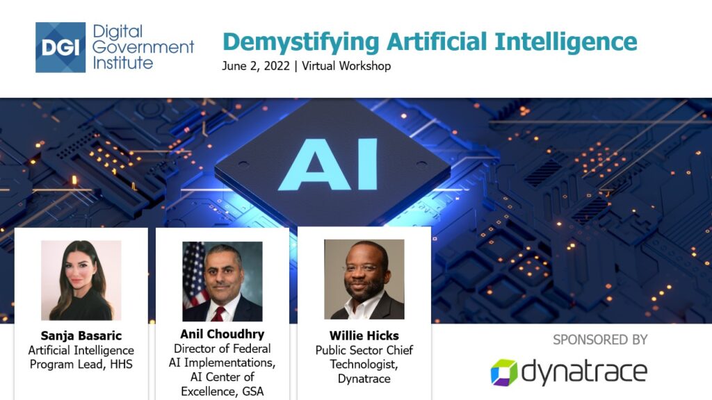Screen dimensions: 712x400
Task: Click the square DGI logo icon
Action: pos(60,47)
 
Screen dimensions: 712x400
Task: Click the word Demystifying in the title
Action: pos(300,42)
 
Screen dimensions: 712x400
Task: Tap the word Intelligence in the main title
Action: pos(566,42)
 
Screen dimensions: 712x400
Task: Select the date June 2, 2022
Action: pos(256,66)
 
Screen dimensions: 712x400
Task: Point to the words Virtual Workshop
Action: pos(346,66)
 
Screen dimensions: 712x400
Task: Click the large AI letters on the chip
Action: pos(328,164)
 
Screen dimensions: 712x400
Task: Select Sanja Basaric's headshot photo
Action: pos(81,281)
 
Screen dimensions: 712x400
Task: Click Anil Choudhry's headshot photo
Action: pos(222,281)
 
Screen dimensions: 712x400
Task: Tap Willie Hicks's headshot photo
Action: pos(364,279)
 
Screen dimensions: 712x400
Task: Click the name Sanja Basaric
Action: pos(81,335)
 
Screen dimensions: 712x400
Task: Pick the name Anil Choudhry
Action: pos(222,334)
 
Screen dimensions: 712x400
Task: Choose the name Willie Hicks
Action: pos(364,335)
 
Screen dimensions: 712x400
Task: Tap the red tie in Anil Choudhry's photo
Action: pos(219,313)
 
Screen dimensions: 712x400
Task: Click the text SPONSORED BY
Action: pos(600,340)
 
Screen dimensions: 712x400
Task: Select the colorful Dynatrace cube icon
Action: pos(504,373)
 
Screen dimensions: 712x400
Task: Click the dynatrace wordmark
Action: pos(584,372)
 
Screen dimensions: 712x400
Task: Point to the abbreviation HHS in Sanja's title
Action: pos(121,365)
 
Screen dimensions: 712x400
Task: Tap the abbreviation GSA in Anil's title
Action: pos(252,392)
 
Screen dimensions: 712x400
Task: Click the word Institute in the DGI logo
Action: pos(122,62)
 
